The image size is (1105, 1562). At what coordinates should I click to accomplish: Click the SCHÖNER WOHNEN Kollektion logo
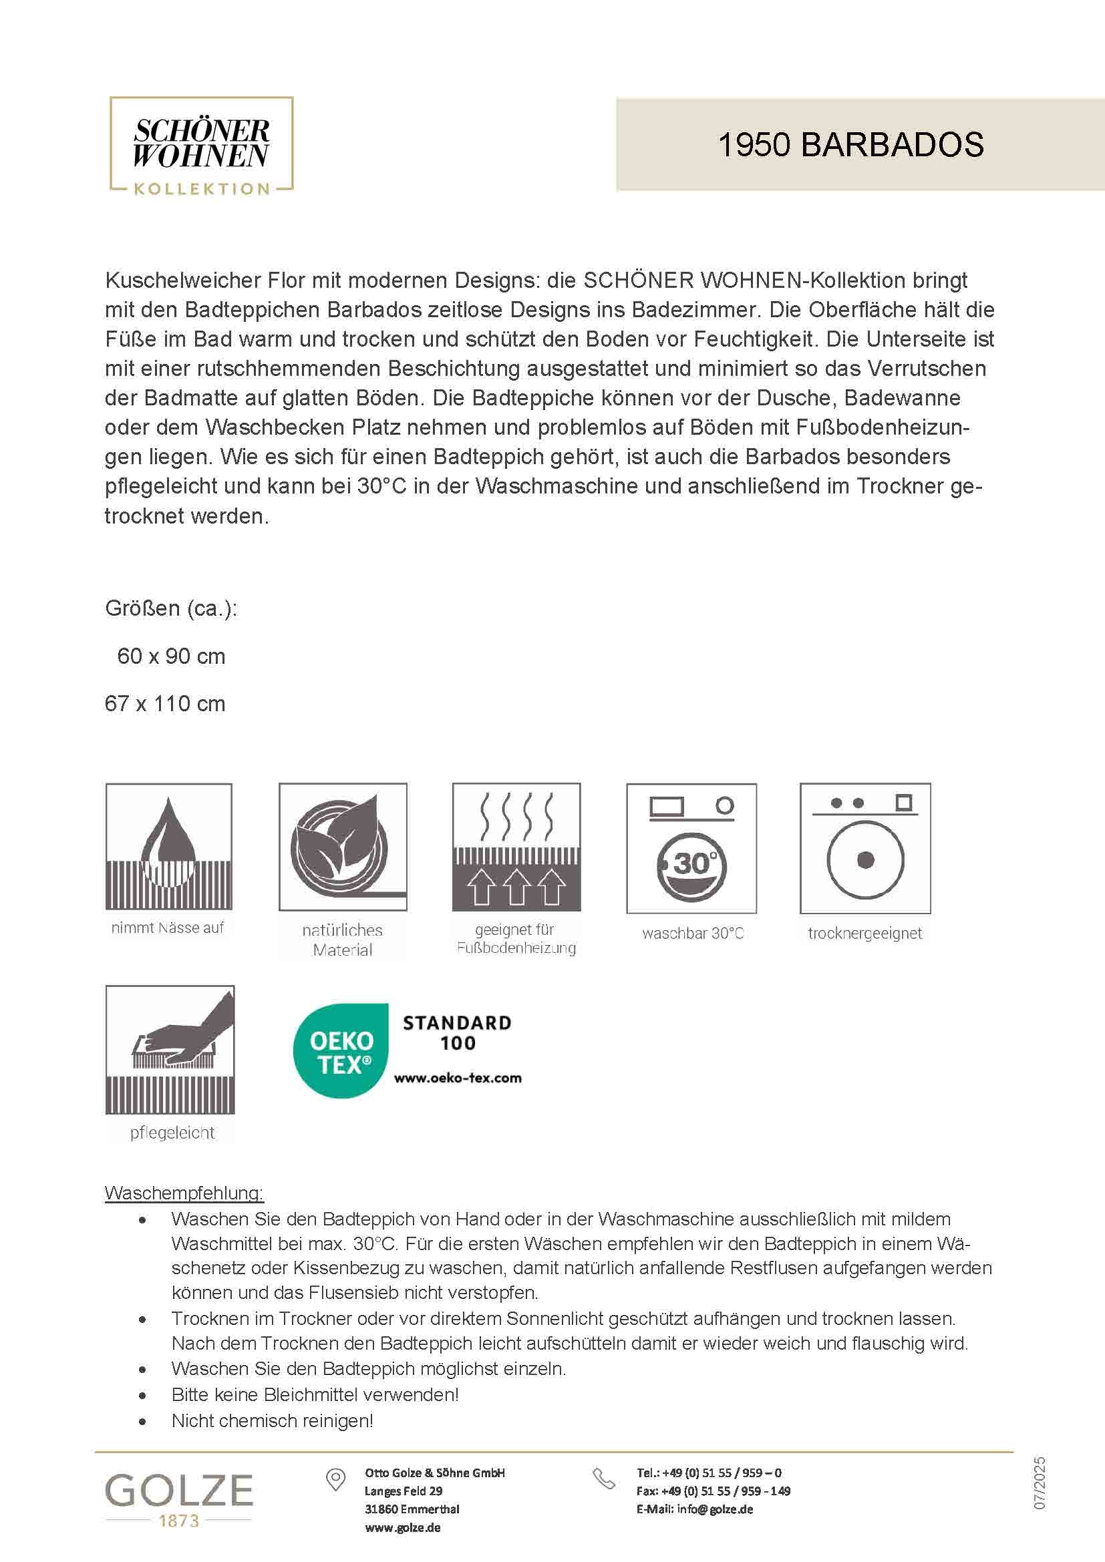click(201, 146)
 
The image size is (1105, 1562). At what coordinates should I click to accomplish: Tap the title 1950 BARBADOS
click(850, 145)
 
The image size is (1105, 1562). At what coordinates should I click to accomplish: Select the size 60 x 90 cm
click(171, 656)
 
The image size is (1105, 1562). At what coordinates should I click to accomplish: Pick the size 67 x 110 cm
click(164, 703)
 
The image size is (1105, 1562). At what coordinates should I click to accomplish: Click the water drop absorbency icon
click(169, 846)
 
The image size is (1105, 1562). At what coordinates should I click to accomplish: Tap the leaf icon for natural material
click(342, 846)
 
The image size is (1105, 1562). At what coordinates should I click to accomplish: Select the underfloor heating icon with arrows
click(516, 846)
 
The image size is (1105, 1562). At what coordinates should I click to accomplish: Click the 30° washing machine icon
click(691, 848)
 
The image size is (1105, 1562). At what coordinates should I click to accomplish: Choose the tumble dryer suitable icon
click(864, 848)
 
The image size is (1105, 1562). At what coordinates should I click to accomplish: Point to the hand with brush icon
click(170, 1050)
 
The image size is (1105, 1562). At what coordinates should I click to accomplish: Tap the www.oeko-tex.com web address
click(458, 1079)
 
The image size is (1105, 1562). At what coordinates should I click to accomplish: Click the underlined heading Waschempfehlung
click(184, 1193)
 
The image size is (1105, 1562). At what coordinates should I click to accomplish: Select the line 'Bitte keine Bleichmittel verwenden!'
click(315, 1394)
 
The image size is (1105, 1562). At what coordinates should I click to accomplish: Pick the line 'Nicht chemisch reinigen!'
click(272, 1420)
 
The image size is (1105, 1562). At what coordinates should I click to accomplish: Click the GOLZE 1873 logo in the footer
click(179, 1500)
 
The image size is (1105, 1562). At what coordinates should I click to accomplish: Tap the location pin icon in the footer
click(335, 1480)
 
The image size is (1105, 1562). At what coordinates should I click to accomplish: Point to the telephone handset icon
click(603, 1479)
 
